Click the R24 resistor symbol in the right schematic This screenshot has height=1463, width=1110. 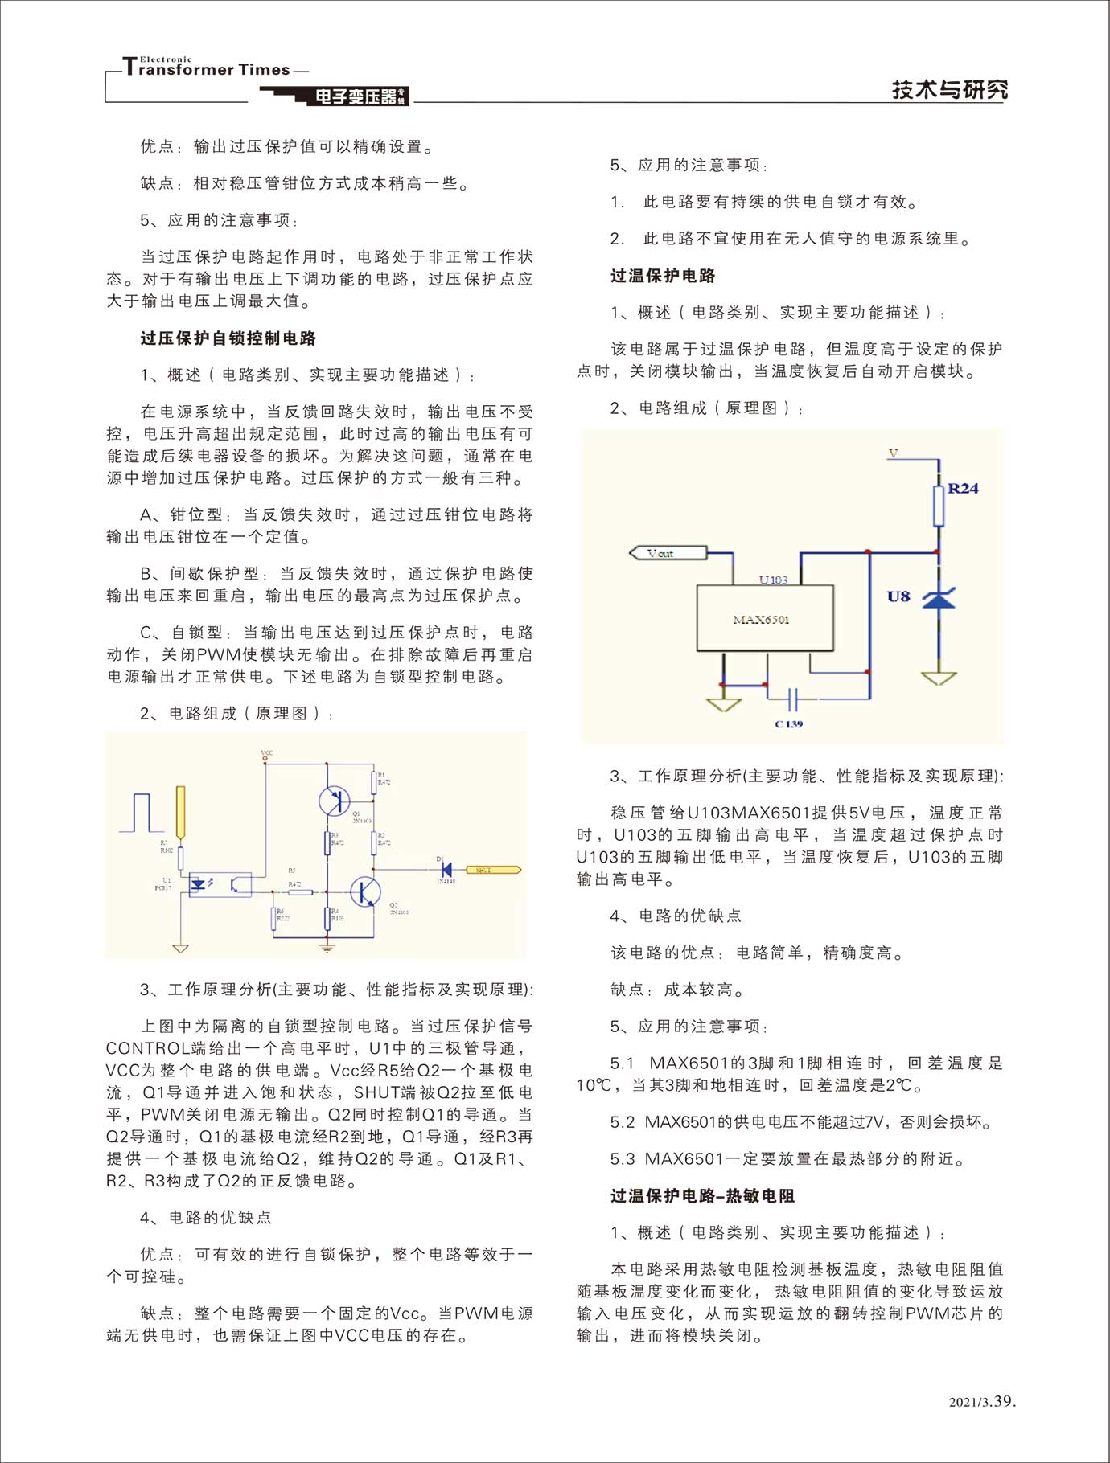tap(938, 505)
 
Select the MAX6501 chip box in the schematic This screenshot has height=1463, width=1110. tap(764, 617)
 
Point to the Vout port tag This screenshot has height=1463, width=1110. tap(668, 553)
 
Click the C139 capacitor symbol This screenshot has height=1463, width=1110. tap(792, 699)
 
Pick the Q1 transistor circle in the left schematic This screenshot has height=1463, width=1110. tap(334, 801)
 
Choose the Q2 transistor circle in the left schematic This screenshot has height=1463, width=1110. tap(365, 892)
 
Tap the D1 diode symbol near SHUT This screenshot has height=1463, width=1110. tap(446, 869)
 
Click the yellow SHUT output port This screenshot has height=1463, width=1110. tap(493, 870)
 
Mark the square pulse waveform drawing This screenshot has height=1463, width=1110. tap(142, 813)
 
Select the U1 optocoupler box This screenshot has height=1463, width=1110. tap(220, 885)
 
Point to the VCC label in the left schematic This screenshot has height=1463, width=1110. tap(267, 753)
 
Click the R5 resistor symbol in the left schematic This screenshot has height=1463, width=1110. tap(300, 891)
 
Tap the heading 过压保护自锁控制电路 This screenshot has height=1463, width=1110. tap(228, 338)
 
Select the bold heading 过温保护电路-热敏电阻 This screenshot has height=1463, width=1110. tap(702, 1196)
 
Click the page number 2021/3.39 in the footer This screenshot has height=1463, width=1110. tap(982, 1402)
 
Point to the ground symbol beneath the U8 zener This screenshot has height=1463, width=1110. tap(938, 678)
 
